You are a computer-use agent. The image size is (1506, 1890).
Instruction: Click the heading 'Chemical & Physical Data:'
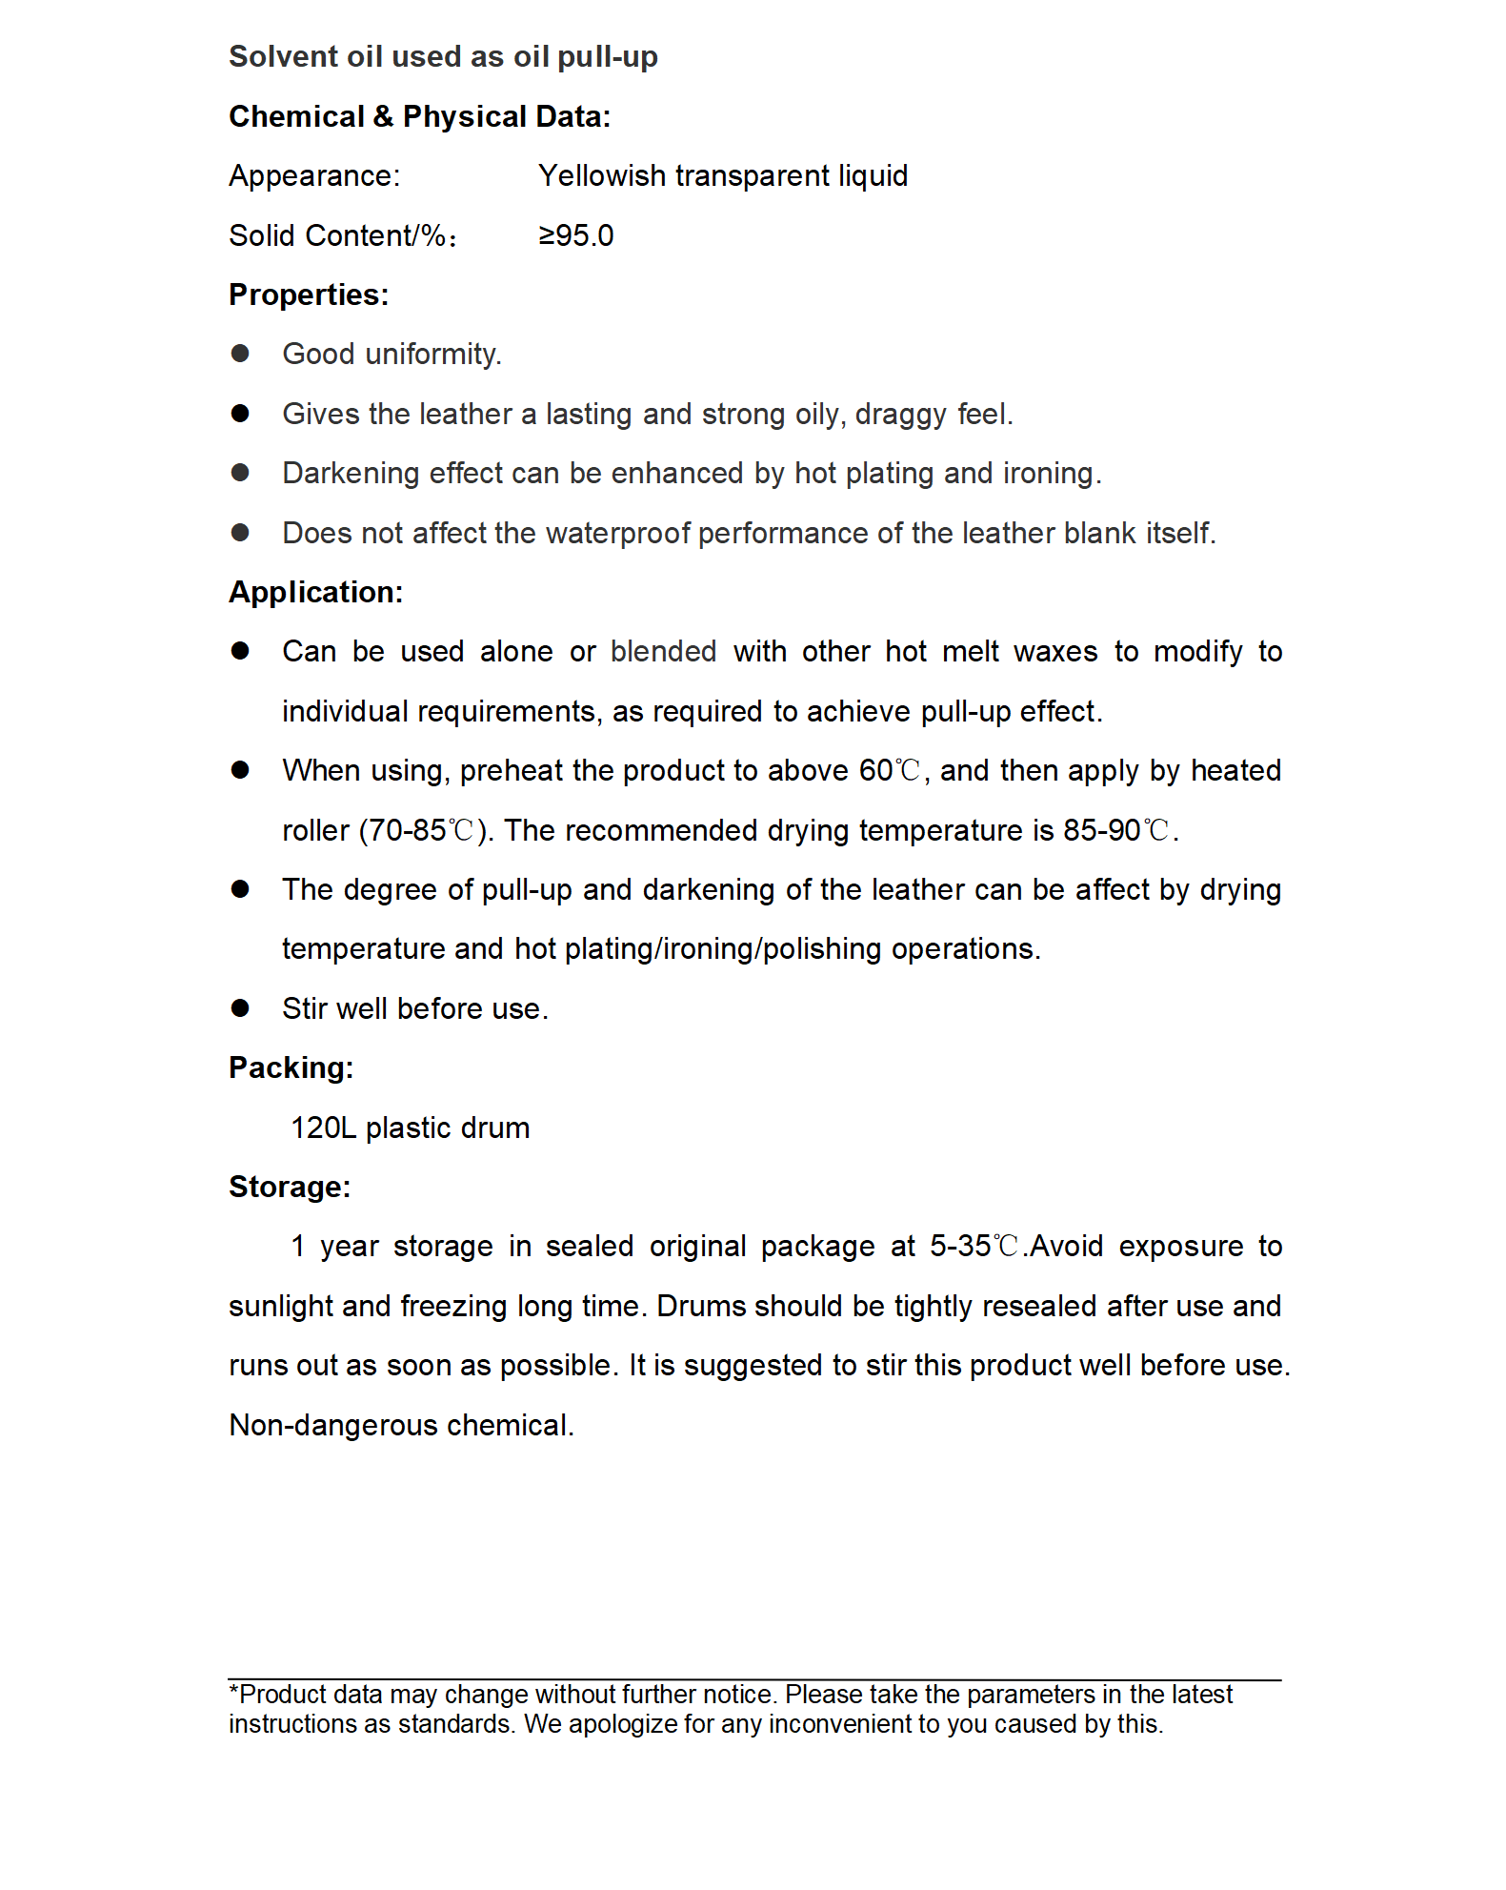point(419,116)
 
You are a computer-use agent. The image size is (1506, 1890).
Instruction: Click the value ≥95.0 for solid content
point(575,235)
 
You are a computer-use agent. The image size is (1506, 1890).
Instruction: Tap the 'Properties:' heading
point(309,295)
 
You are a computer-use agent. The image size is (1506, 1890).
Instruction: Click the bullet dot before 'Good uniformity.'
point(240,354)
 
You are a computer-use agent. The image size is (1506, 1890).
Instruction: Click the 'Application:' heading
point(315,592)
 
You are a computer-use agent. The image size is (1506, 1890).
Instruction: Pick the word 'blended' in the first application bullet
point(663,652)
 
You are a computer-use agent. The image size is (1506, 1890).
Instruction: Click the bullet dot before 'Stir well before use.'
point(240,1008)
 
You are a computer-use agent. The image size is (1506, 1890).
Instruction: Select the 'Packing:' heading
point(291,1067)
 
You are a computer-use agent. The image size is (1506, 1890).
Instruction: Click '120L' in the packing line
point(323,1128)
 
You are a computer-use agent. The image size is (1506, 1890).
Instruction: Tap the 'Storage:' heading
point(290,1187)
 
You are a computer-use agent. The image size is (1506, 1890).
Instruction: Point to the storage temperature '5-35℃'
point(974,1247)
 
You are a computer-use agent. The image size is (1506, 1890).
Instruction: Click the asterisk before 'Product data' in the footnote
point(233,1692)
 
